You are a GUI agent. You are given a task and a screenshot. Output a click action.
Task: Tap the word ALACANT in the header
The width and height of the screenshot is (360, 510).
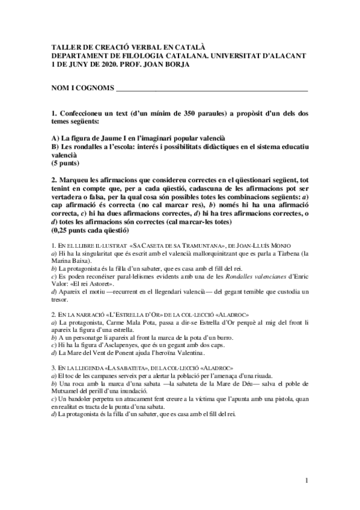(x=285, y=55)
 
